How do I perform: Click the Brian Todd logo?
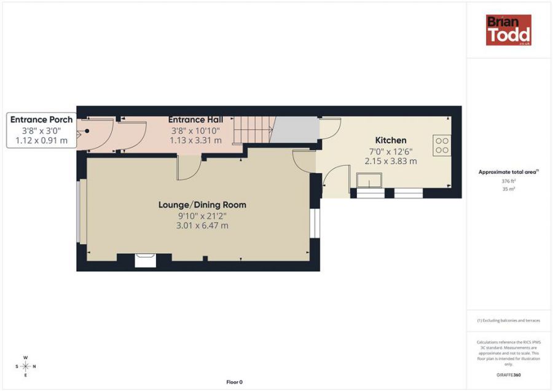[x=508, y=30]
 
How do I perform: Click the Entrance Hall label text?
[x=195, y=119]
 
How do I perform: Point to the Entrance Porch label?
[x=41, y=120]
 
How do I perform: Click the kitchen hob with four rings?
[x=442, y=145]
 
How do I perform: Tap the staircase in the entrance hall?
[x=256, y=130]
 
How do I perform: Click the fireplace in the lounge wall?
[x=146, y=260]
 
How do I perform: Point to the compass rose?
[x=25, y=366]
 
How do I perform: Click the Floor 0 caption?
[x=234, y=382]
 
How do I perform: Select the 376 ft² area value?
[x=508, y=181]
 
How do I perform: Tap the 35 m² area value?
[x=508, y=189]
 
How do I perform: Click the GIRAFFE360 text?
[x=508, y=374]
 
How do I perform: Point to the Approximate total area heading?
[x=508, y=172]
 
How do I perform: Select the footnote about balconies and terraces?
[x=508, y=320]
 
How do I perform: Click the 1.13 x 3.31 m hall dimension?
[x=195, y=140]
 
